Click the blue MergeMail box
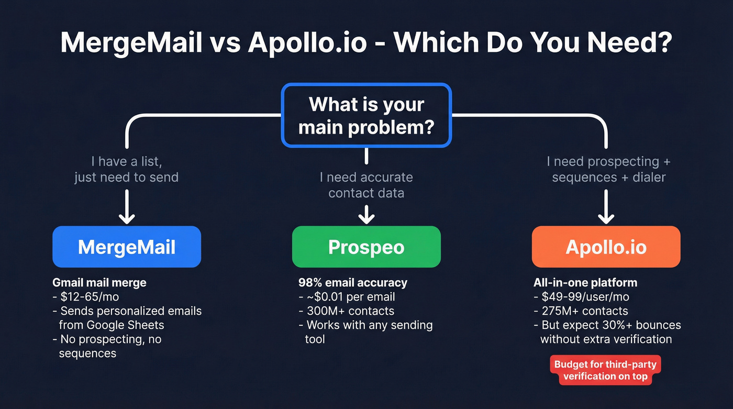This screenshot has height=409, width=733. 127,247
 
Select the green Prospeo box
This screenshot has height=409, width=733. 366,247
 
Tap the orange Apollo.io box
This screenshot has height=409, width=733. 606,247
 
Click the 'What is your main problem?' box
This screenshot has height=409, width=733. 366,115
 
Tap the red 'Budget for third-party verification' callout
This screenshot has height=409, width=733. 605,370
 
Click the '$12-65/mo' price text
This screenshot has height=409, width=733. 90,297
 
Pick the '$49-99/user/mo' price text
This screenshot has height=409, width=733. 585,297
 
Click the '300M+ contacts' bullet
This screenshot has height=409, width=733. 350,311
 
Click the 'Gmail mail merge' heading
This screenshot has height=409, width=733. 99,283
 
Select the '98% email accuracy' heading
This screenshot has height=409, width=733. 352,283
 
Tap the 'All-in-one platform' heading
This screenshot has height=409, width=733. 585,283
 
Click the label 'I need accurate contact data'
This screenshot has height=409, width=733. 366,185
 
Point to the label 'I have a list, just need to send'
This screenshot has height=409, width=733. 127,169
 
